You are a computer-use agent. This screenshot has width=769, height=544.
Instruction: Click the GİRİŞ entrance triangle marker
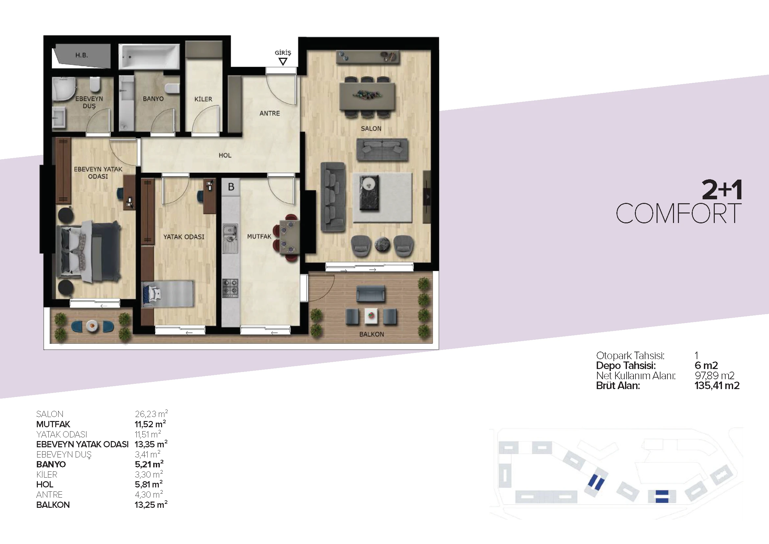click(x=283, y=62)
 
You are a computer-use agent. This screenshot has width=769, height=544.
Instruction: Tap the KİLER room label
click(x=203, y=99)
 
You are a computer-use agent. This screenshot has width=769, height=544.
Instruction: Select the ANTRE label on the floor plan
click(x=270, y=113)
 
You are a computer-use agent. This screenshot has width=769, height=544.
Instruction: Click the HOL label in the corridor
click(x=225, y=156)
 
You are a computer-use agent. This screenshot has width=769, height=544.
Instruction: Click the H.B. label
click(x=82, y=55)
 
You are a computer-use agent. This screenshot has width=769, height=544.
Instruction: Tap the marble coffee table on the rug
click(x=370, y=193)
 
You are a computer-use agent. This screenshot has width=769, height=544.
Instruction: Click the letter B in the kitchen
click(x=231, y=187)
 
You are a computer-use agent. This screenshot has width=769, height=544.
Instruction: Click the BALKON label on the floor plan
click(x=372, y=334)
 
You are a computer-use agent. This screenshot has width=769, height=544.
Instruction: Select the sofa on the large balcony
click(x=371, y=294)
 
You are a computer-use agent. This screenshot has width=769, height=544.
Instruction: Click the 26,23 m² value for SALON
click(x=151, y=414)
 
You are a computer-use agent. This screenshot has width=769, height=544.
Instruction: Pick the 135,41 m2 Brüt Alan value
click(x=717, y=385)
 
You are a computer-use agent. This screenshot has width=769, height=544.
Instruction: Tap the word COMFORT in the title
click(x=679, y=213)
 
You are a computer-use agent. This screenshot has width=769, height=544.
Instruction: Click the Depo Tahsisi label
click(x=626, y=365)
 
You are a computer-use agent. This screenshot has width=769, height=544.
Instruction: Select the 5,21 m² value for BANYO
click(x=149, y=464)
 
